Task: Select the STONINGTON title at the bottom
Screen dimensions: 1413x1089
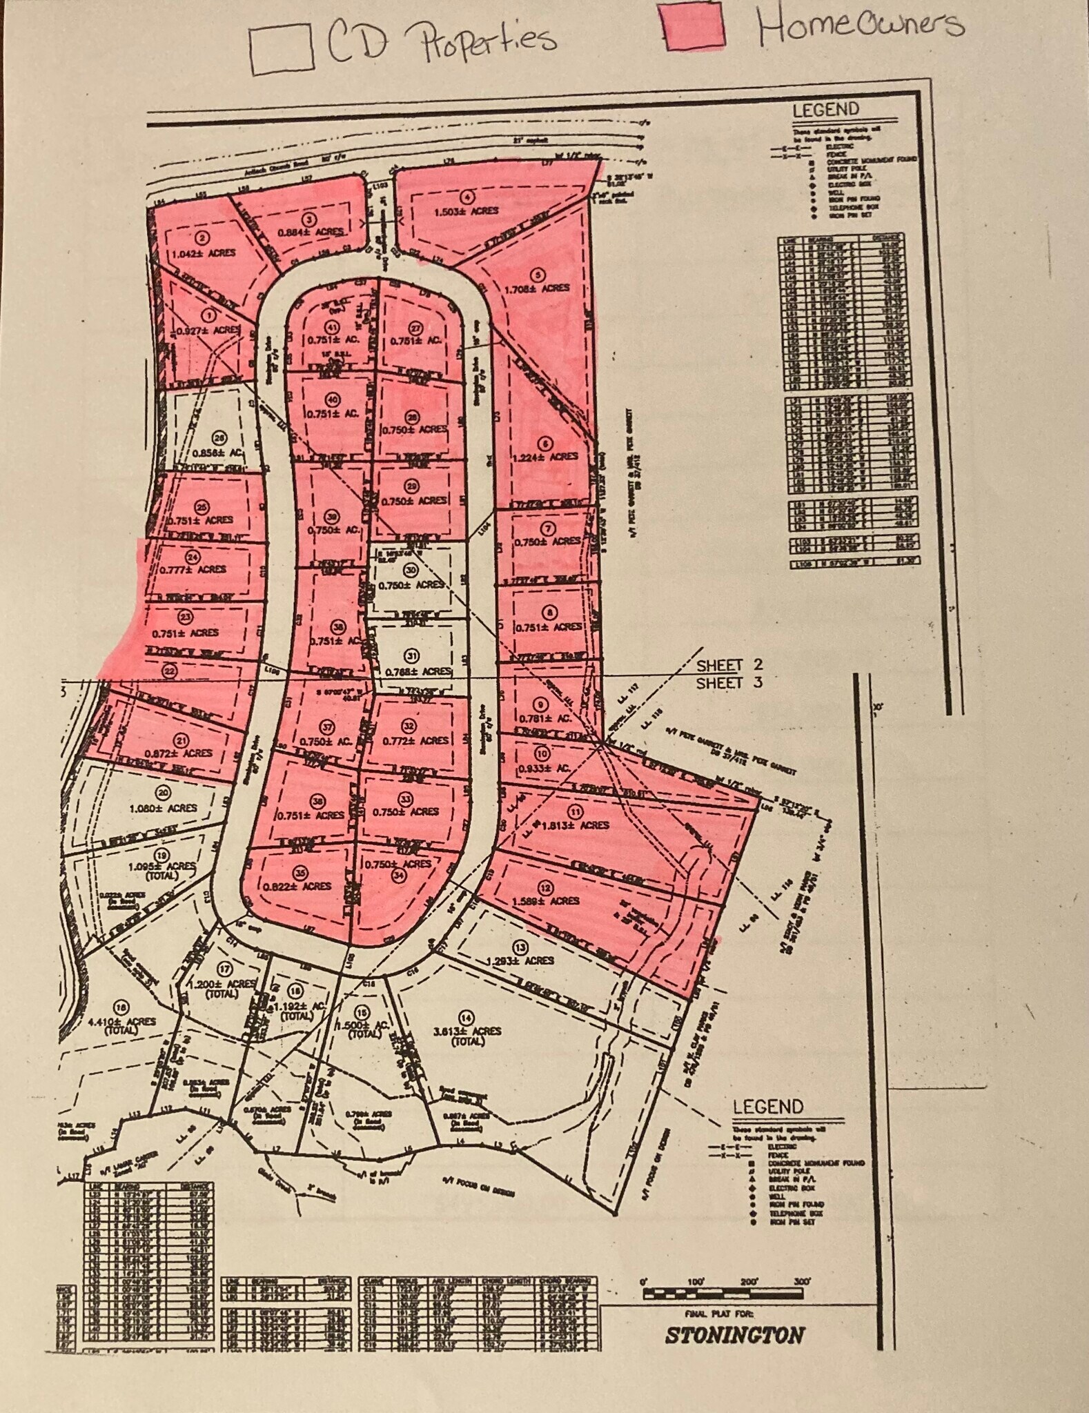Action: (734, 1334)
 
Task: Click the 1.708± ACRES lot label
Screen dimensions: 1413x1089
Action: (537, 288)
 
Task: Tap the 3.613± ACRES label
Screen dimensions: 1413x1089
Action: (467, 1031)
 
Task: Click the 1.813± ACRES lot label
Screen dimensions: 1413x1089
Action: (576, 825)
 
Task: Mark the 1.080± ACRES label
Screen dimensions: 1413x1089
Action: (163, 807)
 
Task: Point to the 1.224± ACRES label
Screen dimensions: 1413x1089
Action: (545, 456)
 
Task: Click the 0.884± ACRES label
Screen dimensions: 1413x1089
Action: (310, 232)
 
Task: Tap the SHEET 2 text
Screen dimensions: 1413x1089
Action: (729, 665)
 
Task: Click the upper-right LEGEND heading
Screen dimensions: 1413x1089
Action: (825, 109)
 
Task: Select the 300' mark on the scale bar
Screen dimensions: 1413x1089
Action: (801, 1281)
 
